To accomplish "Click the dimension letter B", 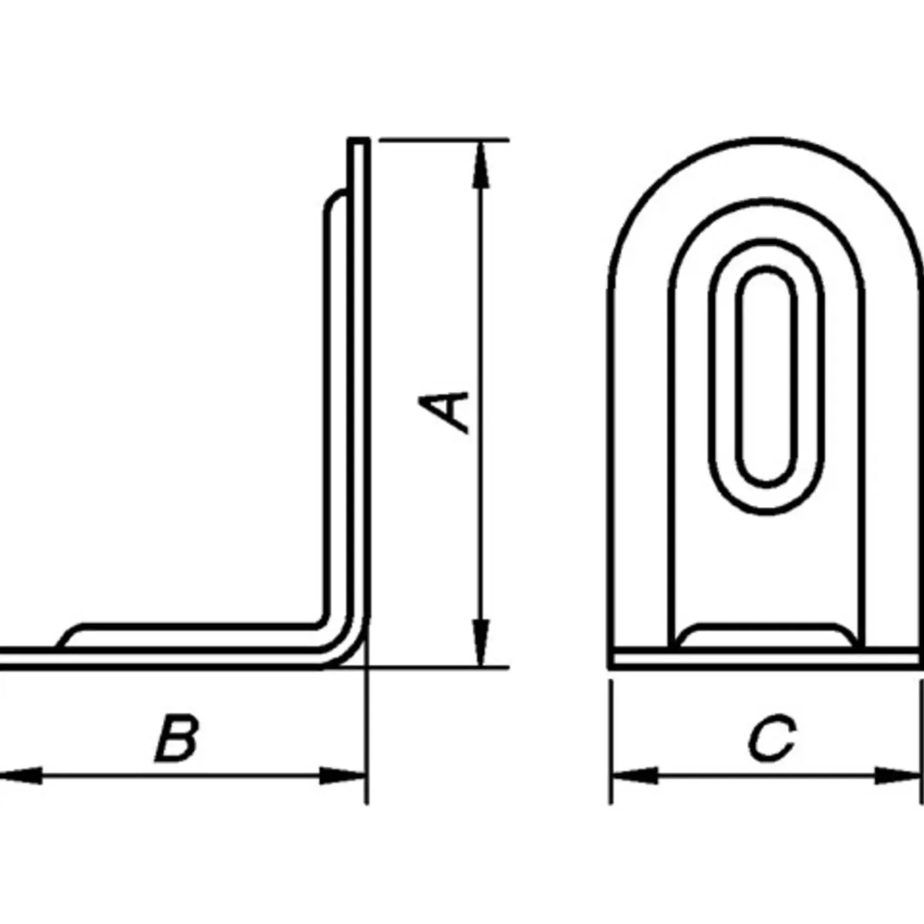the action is tap(177, 737).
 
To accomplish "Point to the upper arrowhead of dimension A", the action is tap(481, 164).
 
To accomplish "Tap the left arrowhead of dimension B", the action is tap(22, 776).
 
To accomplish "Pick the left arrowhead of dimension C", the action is tap(634, 776).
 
